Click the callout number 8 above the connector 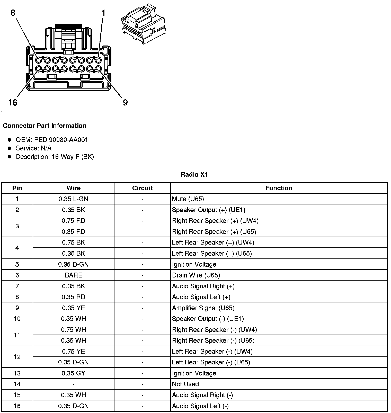click(13, 13)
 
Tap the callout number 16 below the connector click(13, 103)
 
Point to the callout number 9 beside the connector click(125, 103)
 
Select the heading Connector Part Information click(45, 126)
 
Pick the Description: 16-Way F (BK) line click(55, 157)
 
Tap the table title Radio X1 click(194, 175)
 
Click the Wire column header click(73, 188)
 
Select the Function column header click(279, 188)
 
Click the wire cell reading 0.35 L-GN click(73, 199)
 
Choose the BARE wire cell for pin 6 click(73, 275)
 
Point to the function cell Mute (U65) click(188, 199)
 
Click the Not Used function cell click(185, 384)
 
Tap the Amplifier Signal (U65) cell click(203, 308)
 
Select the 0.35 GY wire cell click(73, 373)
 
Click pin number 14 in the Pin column click(17, 384)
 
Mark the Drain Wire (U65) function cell click(196, 275)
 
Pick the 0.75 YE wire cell click(73, 351)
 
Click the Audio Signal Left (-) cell click(200, 406)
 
